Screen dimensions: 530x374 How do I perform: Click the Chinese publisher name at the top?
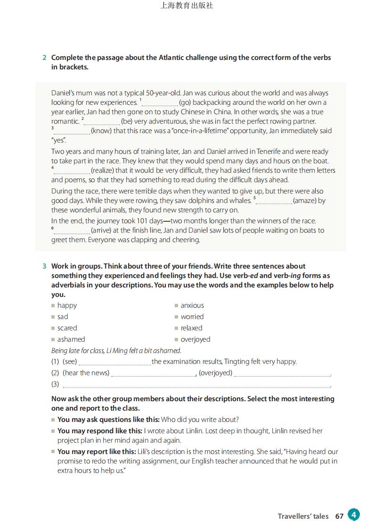tap(187, 6)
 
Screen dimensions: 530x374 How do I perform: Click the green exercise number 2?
tap(44, 58)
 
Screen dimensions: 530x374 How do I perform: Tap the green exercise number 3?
tap(44, 266)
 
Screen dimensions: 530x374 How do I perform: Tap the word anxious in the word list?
tap(192, 305)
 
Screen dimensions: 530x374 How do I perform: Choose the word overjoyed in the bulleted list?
tap(195, 339)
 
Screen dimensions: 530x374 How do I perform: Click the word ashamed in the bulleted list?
tap(71, 339)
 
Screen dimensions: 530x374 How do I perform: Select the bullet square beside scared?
tap(53, 328)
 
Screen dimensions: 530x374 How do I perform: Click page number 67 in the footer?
tap(339, 516)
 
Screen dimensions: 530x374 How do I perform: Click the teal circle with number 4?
tap(354, 514)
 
